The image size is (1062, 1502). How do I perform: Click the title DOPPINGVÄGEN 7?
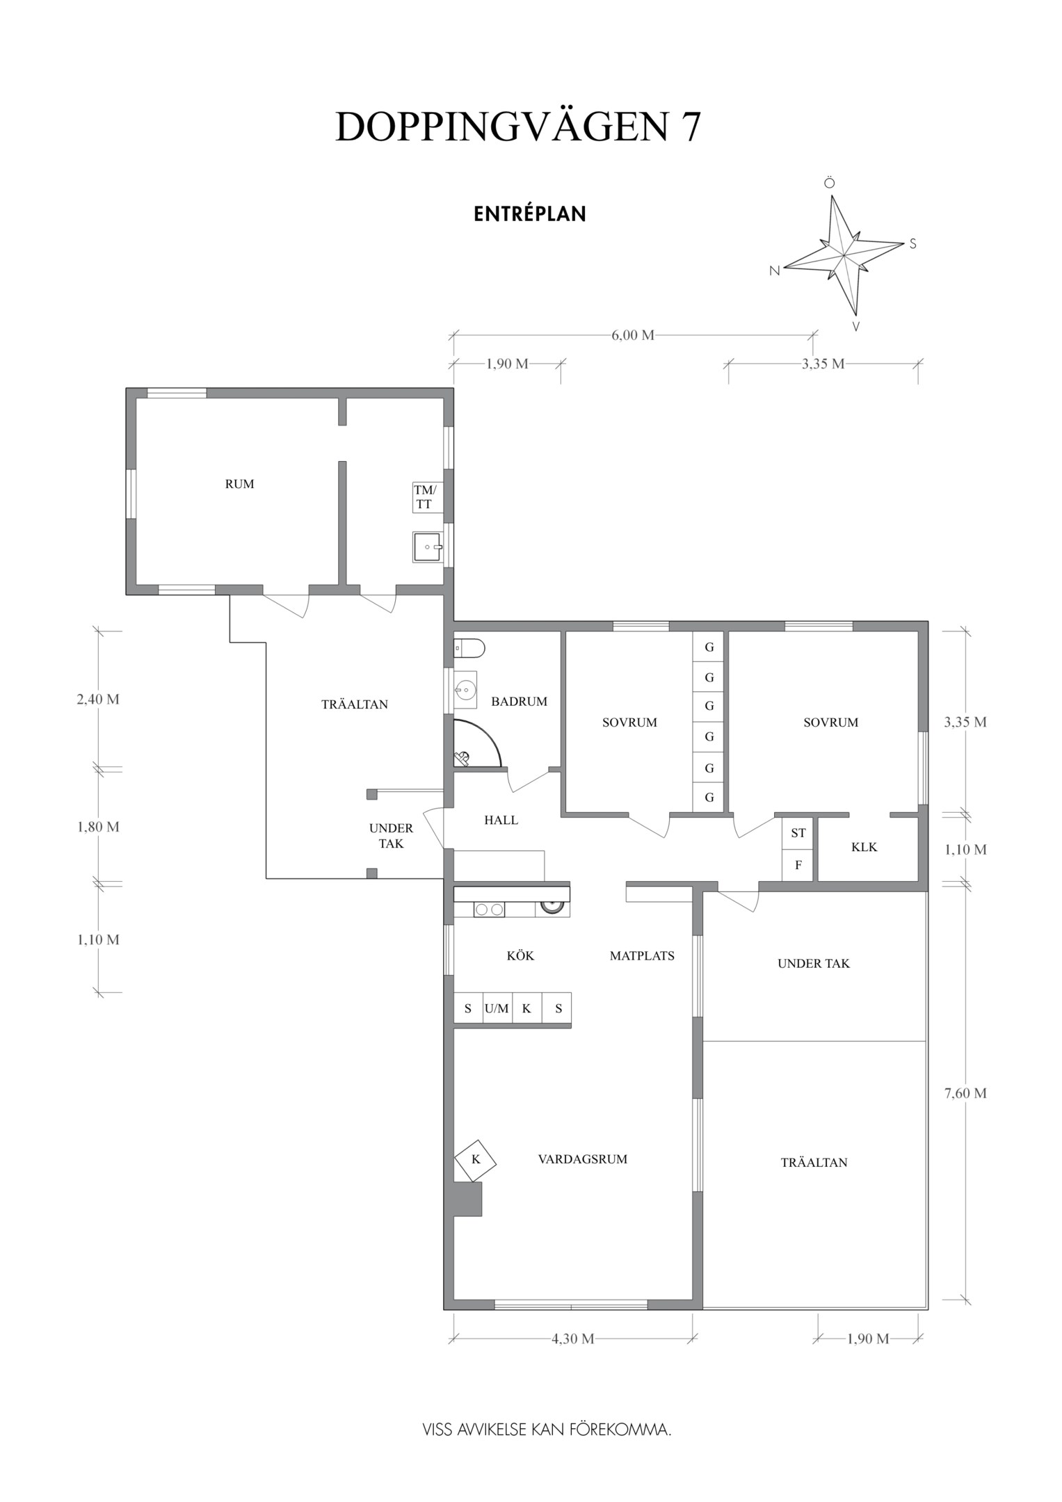[518, 127]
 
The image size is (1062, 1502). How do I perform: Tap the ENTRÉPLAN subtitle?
[530, 213]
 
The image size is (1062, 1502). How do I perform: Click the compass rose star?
[844, 255]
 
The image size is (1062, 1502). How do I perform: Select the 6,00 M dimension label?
[633, 335]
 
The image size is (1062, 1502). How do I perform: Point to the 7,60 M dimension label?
[965, 1093]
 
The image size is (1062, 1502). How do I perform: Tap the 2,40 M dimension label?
[98, 699]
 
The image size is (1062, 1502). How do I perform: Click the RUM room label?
[239, 484]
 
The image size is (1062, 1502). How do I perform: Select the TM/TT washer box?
[428, 497]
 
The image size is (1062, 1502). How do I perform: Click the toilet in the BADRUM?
[469, 648]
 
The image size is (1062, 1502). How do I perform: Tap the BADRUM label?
[520, 701]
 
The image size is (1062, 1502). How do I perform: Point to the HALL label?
[501, 820]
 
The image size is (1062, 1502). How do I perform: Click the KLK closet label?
[864, 847]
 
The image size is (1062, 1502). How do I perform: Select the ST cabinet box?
[798, 833]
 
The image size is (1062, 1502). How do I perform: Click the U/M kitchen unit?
[497, 1008]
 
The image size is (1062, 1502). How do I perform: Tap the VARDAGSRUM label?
[583, 1159]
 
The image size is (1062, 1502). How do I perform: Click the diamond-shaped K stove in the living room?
[476, 1160]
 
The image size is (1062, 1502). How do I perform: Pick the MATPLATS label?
[642, 955]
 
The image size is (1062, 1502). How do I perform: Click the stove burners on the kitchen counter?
[489, 909]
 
